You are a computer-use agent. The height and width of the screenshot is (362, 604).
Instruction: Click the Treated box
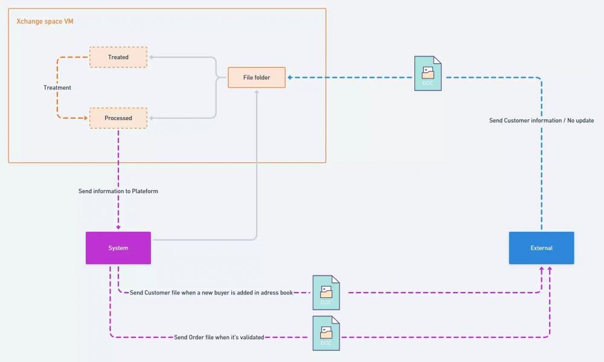click(118, 57)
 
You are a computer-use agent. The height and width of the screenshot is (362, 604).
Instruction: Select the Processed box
click(118, 118)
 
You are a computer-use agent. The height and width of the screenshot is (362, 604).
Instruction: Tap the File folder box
click(257, 77)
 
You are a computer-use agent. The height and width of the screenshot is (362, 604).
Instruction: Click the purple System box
click(118, 248)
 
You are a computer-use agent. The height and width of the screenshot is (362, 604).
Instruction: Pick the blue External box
click(542, 248)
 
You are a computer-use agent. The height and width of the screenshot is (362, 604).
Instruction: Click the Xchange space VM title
click(45, 21)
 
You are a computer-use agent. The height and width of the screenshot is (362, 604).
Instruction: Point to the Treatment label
click(57, 87)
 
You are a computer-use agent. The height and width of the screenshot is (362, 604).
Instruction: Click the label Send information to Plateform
click(118, 191)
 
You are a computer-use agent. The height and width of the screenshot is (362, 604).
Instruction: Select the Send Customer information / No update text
click(542, 121)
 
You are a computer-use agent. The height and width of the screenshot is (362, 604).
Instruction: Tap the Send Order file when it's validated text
click(219, 337)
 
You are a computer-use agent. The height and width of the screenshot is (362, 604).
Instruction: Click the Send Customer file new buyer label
click(211, 293)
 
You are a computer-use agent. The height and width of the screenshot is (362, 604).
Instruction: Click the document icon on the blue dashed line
click(428, 74)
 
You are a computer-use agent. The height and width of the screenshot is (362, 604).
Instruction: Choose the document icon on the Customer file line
click(326, 293)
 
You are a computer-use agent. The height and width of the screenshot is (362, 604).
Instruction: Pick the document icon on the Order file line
click(326, 333)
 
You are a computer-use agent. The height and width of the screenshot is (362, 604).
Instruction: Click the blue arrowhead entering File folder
click(290, 77)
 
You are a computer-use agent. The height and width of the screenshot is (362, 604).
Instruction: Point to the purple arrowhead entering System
click(118, 227)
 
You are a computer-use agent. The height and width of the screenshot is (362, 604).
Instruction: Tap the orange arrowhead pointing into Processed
click(86, 118)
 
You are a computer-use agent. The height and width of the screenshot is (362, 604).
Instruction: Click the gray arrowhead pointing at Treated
click(152, 57)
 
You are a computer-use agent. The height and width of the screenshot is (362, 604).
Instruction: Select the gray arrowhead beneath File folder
click(257, 92)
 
